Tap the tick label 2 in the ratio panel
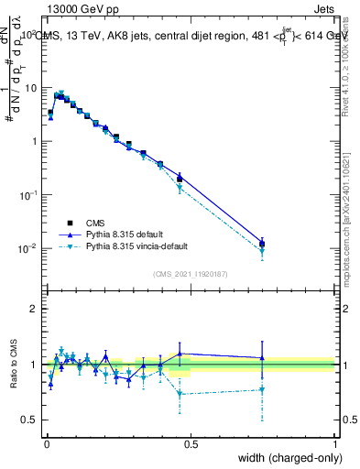pyautogui.click(x=35, y=309)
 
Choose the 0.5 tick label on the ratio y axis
pyautogui.click(x=31, y=420)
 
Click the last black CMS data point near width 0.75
pyautogui.click(x=263, y=244)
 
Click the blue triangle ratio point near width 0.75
pyautogui.click(x=263, y=358)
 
